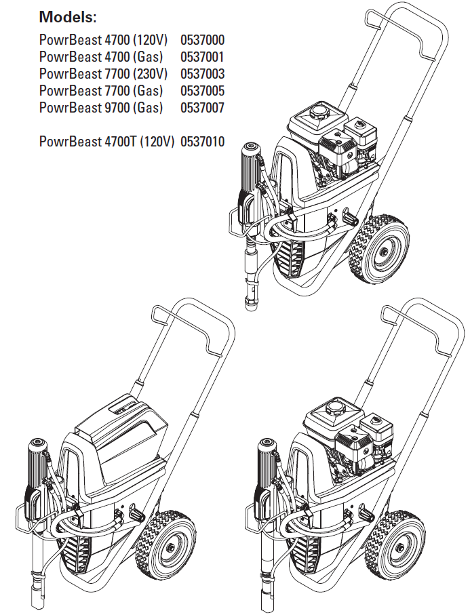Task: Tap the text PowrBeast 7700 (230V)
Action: click(x=103, y=74)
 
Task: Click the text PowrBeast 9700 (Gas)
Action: click(x=101, y=108)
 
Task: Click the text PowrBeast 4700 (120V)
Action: click(x=103, y=40)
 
